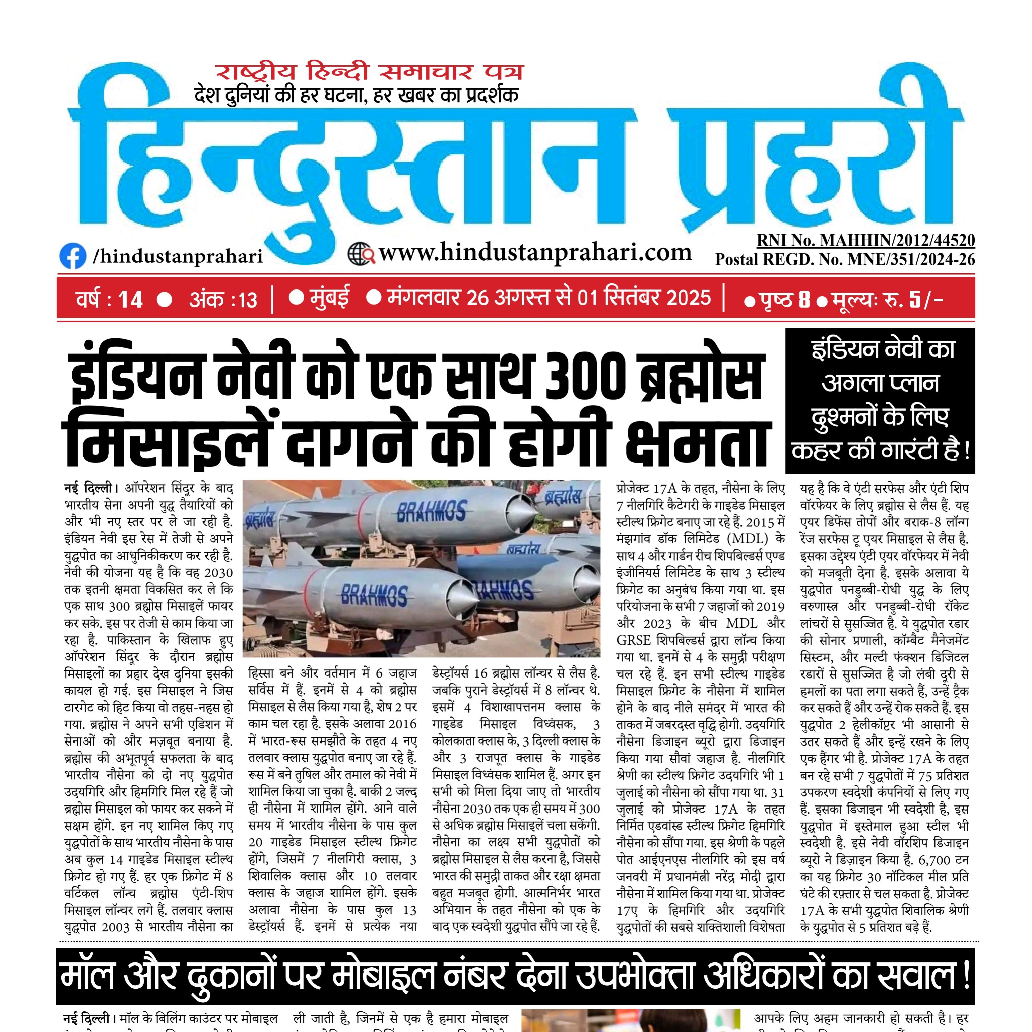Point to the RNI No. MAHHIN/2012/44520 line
point(865,240)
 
